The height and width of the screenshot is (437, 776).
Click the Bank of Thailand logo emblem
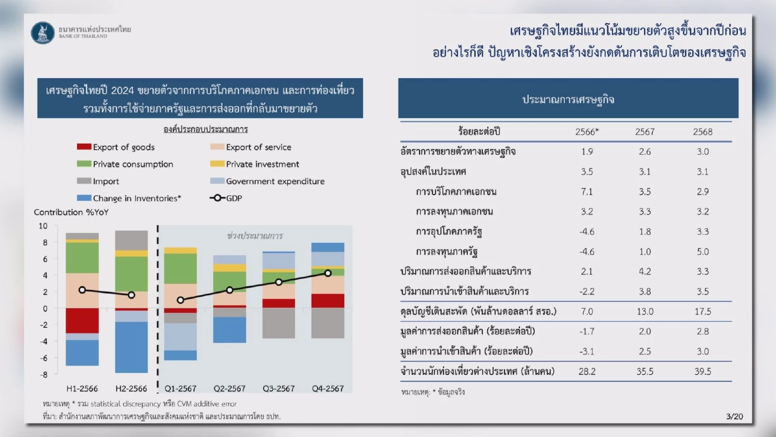pos(43,33)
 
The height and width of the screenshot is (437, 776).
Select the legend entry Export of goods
pos(124,147)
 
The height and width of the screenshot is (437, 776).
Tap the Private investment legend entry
pos(262,164)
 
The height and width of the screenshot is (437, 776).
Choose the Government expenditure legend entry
pos(275,181)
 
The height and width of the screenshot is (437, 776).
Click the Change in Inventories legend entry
pos(137,198)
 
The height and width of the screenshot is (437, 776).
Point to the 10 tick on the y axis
pos(43,226)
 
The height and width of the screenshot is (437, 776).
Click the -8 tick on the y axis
pos(43,374)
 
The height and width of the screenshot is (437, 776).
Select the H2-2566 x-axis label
pos(131,388)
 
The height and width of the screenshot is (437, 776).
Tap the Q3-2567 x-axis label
pos(278,388)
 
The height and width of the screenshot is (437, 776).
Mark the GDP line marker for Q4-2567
pos(328,273)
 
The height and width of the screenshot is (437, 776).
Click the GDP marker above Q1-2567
pos(181,300)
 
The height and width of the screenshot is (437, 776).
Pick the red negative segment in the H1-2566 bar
pos(82,321)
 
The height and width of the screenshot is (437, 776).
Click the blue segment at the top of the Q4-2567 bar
pos(328,247)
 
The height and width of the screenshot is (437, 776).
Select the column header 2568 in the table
pos(702,132)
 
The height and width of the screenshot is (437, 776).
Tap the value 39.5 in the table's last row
pos(702,372)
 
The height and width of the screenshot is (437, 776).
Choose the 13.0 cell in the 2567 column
pos(645,312)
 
